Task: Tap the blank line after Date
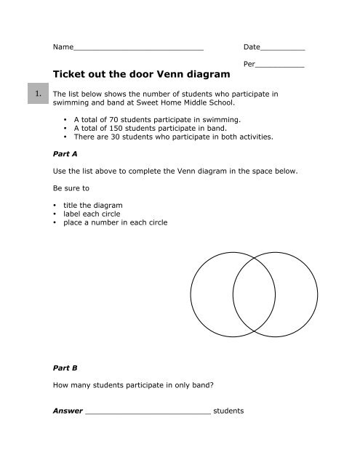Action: coord(282,49)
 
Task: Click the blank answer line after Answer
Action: coord(148,412)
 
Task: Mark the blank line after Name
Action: coord(138,49)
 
